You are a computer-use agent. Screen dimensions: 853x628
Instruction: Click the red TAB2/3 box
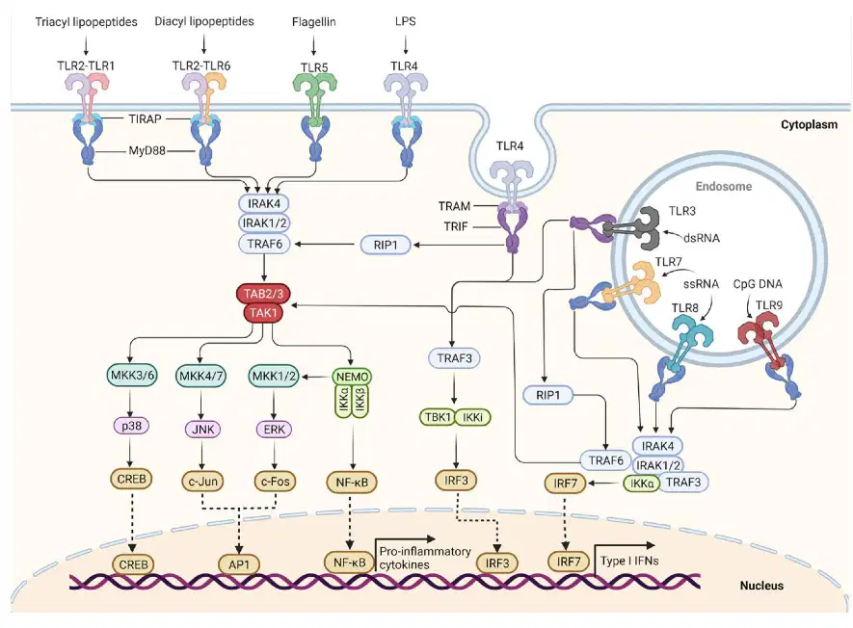tap(263, 294)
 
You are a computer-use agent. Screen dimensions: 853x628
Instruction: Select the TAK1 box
tap(263, 313)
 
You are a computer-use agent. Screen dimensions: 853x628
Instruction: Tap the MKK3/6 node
tap(133, 376)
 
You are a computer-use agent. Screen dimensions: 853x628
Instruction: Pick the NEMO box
tap(352, 377)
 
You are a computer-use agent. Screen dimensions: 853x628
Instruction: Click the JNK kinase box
tap(203, 430)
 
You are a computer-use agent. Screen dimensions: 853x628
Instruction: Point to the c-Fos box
tap(275, 482)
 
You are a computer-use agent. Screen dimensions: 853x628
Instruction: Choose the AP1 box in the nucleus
tap(239, 564)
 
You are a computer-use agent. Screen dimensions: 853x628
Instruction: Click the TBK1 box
tap(438, 417)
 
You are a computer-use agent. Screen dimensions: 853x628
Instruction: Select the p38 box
tap(132, 426)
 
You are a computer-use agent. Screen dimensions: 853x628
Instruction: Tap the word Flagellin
tap(314, 22)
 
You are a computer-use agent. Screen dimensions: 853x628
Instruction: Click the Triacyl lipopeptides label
tap(86, 22)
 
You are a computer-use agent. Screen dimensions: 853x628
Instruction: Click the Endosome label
tap(724, 187)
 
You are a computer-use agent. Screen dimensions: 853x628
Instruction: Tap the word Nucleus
tap(761, 586)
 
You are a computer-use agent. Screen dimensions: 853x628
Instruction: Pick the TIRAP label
tap(146, 118)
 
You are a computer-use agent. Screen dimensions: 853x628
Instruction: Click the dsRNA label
tap(702, 238)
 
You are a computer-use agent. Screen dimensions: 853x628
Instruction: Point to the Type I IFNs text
tap(629, 561)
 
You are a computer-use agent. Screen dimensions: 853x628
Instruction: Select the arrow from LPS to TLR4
tap(406, 44)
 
